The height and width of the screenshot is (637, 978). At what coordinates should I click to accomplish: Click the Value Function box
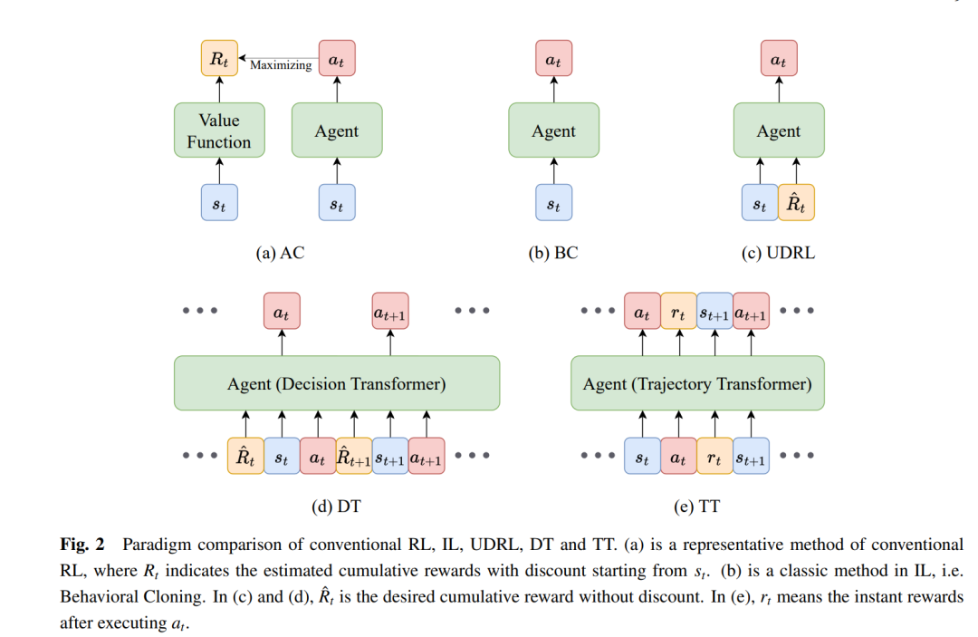(x=219, y=130)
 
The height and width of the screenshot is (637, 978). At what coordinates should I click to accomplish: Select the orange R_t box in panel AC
(x=219, y=58)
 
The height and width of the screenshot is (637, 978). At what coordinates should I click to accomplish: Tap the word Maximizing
(x=281, y=65)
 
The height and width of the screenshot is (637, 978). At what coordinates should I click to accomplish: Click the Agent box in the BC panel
(x=554, y=130)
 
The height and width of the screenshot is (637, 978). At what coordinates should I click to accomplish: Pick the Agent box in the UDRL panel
(x=779, y=130)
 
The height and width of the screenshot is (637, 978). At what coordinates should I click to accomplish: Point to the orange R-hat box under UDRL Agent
(x=796, y=202)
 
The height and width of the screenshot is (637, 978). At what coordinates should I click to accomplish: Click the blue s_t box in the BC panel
(x=554, y=202)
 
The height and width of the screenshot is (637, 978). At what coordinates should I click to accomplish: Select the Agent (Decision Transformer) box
(x=337, y=383)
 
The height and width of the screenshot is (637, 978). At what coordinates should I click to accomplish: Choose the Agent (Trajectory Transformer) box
(x=697, y=383)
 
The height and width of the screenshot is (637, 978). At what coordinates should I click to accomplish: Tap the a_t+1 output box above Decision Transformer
(x=389, y=311)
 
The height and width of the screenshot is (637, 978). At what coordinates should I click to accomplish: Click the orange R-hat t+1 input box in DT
(x=354, y=456)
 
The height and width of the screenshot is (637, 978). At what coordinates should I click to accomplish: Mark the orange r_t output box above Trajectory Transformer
(x=678, y=311)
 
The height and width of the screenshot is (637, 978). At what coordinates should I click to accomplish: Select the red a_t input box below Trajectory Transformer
(x=678, y=456)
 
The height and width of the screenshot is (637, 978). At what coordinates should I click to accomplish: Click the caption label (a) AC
(x=280, y=253)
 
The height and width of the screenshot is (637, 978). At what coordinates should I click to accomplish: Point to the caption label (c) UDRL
(x=778, y=253)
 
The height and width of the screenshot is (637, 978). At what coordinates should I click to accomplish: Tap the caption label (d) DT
(x=336, y=506)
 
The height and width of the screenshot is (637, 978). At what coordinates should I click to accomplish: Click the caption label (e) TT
(x=696, y=506)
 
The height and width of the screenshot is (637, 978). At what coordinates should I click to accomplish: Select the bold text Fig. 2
(x=82, y=545)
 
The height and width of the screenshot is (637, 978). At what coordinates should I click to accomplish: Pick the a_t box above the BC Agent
(x=554, y=58)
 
